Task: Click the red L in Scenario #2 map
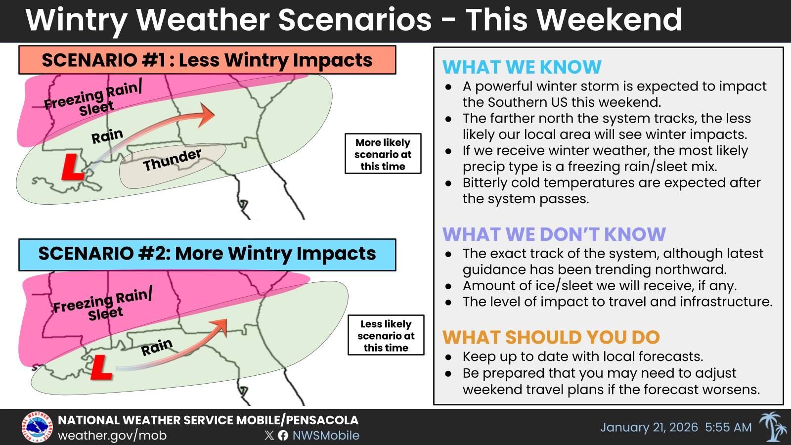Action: click(x=101, y=368)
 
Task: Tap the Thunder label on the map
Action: click(x=172, y=160)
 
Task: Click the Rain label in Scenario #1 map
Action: click(x=107, y=136)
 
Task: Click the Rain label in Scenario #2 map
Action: click(x=157, y=347)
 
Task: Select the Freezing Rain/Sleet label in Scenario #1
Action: click(x=94, y=99)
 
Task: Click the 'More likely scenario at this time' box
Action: click(x=383, y=154)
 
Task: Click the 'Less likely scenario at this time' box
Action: click(x=386, y=335)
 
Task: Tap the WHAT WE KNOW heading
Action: click(x=522, y=67)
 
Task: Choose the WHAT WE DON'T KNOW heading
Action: click(x=554, y=234)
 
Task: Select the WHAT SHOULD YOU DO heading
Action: click(x=551, y=337)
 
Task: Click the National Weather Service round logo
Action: click(x=37, y=427)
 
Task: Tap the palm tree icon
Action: click(x=773, y=427)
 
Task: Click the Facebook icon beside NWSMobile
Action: click(x=283, y=435)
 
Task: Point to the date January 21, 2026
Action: click(x=649, y=427)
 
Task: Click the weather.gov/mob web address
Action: click(x=112, y=436)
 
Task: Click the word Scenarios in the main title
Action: click(x=354, y=20)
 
